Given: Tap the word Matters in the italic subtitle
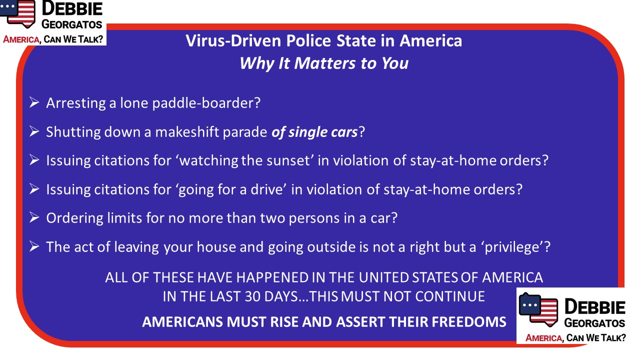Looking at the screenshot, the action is (325, 63).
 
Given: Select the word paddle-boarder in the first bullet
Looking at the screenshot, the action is (206, 103).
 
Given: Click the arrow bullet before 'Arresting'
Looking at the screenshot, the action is (34, 102).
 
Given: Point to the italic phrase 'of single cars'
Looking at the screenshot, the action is (314, 132).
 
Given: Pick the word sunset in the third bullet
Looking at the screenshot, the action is (288, 160).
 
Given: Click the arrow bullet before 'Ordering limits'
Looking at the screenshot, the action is (34, 217).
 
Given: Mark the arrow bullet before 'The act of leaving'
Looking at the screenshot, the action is (34, 246).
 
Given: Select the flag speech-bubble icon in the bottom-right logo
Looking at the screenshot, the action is (538, 309).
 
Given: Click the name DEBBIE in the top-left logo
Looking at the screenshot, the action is (72, 8).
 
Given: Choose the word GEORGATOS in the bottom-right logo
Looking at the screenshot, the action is (594, 323).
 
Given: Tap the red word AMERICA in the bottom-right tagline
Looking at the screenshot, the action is (543, 338).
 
